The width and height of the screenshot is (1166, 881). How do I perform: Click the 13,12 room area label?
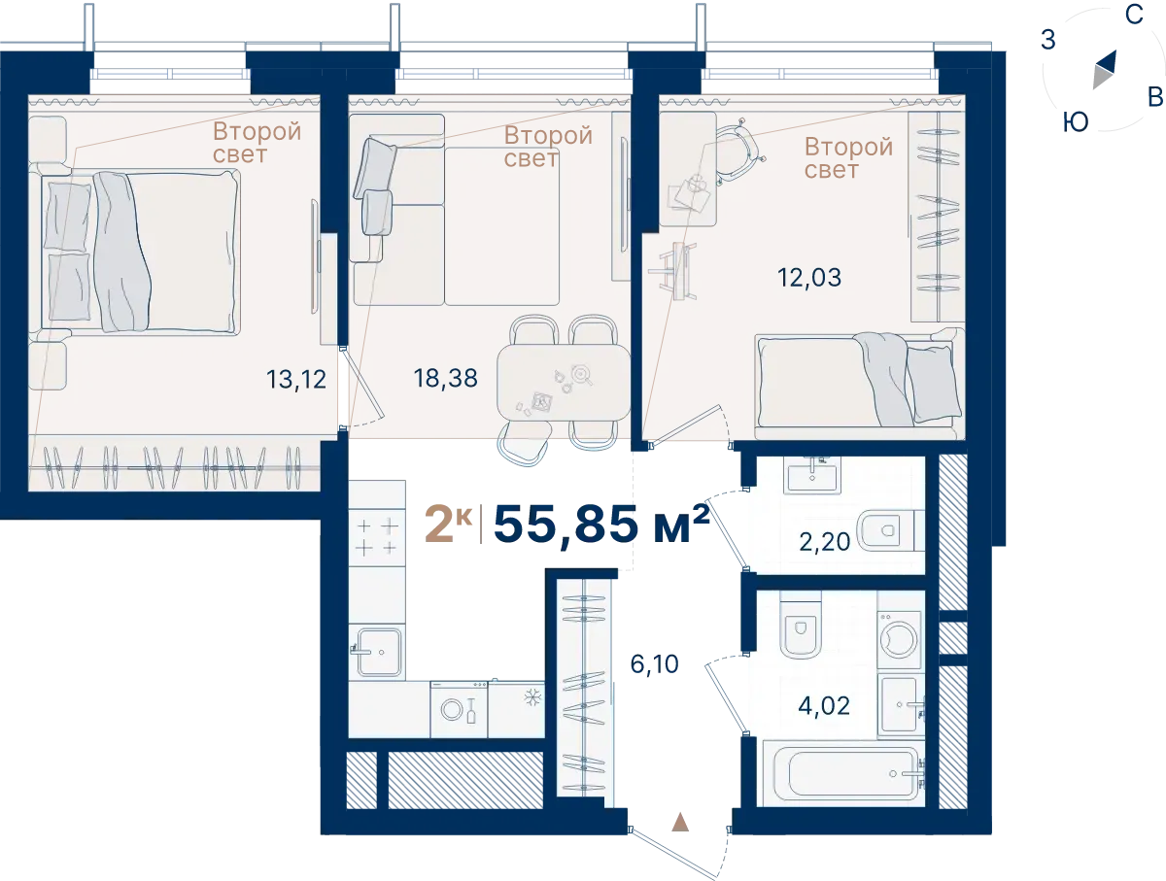click(x=296, y=380)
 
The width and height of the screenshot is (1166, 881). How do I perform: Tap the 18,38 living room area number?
click(x=445, y=379)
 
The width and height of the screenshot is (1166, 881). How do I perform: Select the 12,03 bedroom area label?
click(x=809, y=278)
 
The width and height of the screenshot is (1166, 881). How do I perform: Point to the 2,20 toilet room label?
click(x=824, y=542)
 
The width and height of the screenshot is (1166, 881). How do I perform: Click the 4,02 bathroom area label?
click(x=824, y=706)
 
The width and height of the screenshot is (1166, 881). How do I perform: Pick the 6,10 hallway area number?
click(x=655, y=664)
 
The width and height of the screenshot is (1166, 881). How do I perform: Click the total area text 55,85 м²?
click(x=601, y=524)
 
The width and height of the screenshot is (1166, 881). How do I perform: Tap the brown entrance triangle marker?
click(x=680, y=822)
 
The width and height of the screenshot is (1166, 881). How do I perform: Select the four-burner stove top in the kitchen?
click(x=377, y=537)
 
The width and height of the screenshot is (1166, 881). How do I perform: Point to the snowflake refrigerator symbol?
click(x=532, y=696)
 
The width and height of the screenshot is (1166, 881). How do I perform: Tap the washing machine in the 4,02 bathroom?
click(x=900, y=639)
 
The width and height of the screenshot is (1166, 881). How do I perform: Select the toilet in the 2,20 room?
click(x=887, y=531)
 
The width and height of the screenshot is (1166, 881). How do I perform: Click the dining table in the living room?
click(x=563, y=383)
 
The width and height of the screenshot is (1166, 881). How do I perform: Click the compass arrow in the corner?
click(x=1105, y=70)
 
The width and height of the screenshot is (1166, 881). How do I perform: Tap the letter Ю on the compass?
click(x=1076, y=122)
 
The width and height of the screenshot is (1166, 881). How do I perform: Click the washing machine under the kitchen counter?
click(x=459, y=709)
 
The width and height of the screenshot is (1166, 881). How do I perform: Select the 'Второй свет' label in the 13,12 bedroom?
click(x=257, y=143)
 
